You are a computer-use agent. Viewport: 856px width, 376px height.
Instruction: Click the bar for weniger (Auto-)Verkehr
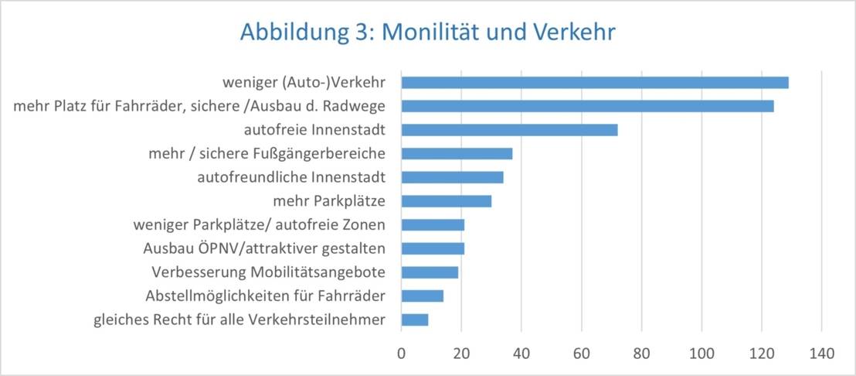[595, 83]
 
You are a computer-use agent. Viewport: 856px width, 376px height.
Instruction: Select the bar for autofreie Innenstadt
[510, 130]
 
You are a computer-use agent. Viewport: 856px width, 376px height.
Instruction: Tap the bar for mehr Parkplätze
[447, 201]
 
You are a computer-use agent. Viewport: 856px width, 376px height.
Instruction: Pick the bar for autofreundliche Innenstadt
[453, 177]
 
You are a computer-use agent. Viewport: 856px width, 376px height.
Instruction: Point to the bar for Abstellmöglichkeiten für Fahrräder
[423, 296]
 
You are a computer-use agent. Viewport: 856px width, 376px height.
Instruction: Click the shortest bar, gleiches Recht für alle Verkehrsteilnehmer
[415, 320]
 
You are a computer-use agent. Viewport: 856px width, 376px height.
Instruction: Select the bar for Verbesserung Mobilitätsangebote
[430, 272]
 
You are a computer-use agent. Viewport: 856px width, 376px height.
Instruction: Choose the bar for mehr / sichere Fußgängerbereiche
[457, 154]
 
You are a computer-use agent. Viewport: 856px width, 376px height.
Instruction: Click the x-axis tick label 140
[821, 354]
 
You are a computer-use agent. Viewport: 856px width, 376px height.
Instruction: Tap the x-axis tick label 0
[402, 354]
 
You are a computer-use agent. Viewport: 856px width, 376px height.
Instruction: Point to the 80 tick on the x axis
[641, 354]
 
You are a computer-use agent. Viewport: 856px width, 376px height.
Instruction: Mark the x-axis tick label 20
[461, 354]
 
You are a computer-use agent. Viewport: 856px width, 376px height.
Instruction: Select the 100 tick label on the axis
[701, 354]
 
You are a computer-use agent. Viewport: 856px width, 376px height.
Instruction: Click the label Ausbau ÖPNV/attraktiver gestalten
[265, 248]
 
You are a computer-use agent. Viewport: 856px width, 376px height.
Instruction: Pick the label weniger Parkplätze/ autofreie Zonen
[260, 225]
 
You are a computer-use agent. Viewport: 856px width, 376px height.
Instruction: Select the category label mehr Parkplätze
[330, 201]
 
